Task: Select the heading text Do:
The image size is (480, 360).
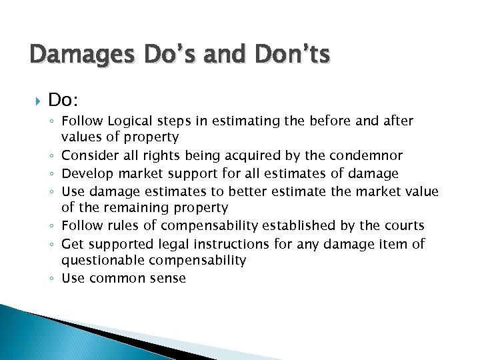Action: [x=64, y=100]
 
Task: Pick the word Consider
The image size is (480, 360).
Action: [x=88, y=156]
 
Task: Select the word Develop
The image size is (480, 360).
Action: [x=87, y=174]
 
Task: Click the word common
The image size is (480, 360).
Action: [x=114, y=278]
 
